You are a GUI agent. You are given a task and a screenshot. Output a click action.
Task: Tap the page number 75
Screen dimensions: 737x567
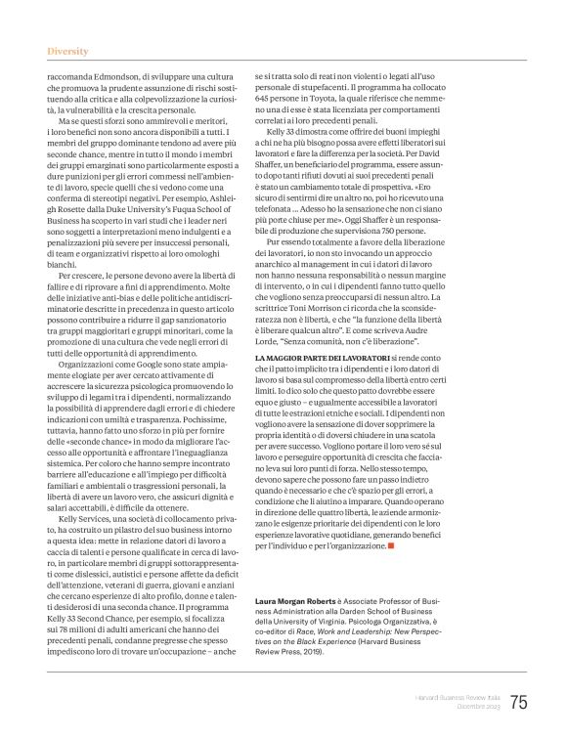(x=517, y=701)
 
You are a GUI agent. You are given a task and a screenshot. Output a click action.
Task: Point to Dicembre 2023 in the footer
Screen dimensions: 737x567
(x=476, y=707)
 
